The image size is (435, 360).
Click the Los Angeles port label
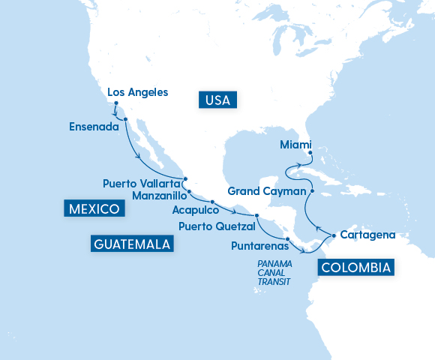[x=138, y=92]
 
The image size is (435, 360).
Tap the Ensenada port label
[x=94, y=127]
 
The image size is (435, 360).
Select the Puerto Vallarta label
[x=141, y=183]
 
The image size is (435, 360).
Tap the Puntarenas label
[x=259, y=244]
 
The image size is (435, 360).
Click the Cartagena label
[x=367, y=235]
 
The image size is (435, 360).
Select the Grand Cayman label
[x=264, y=190]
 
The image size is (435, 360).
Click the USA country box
[x=218, y=99]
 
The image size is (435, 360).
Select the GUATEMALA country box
[x=132, y=244]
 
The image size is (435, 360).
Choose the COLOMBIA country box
[x=355, y=267]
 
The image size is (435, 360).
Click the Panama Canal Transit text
[x=274, y=273]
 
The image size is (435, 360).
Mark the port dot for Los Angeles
[x=116, y=103]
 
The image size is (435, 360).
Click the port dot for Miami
[x=310, y=153]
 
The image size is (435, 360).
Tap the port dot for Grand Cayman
[x=311, y=191]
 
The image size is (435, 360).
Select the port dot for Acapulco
[x=212, y=202]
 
